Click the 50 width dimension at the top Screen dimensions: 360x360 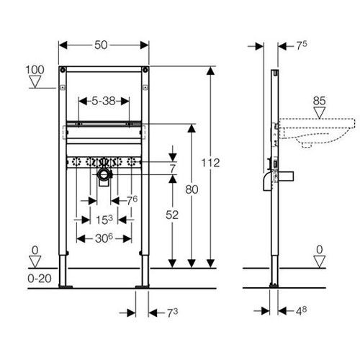101,45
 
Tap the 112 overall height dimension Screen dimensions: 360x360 210,163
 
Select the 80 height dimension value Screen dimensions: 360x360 192,190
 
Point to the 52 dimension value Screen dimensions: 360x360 172,215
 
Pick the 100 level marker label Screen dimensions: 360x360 35,70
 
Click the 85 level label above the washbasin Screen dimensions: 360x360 319,101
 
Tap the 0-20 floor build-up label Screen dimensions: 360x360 40,279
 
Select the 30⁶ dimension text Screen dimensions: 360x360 104,238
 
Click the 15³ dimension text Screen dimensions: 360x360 104,220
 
